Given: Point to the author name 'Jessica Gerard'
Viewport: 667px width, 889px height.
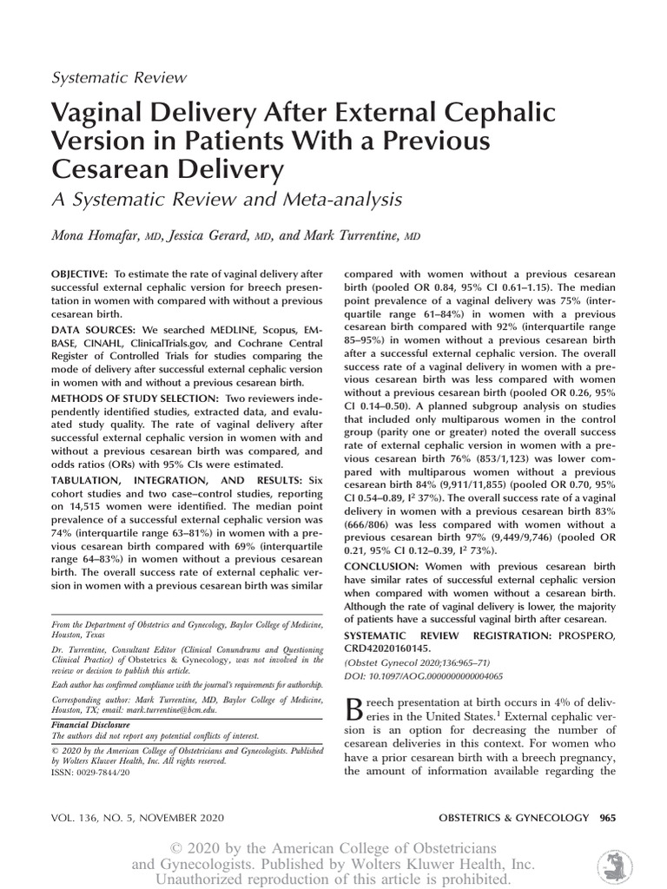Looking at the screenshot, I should (x=217, y=234).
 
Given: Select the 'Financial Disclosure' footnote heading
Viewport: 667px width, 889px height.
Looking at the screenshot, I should (x=90, y=724).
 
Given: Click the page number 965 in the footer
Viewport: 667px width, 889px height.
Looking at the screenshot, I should (x=609, y=817).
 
